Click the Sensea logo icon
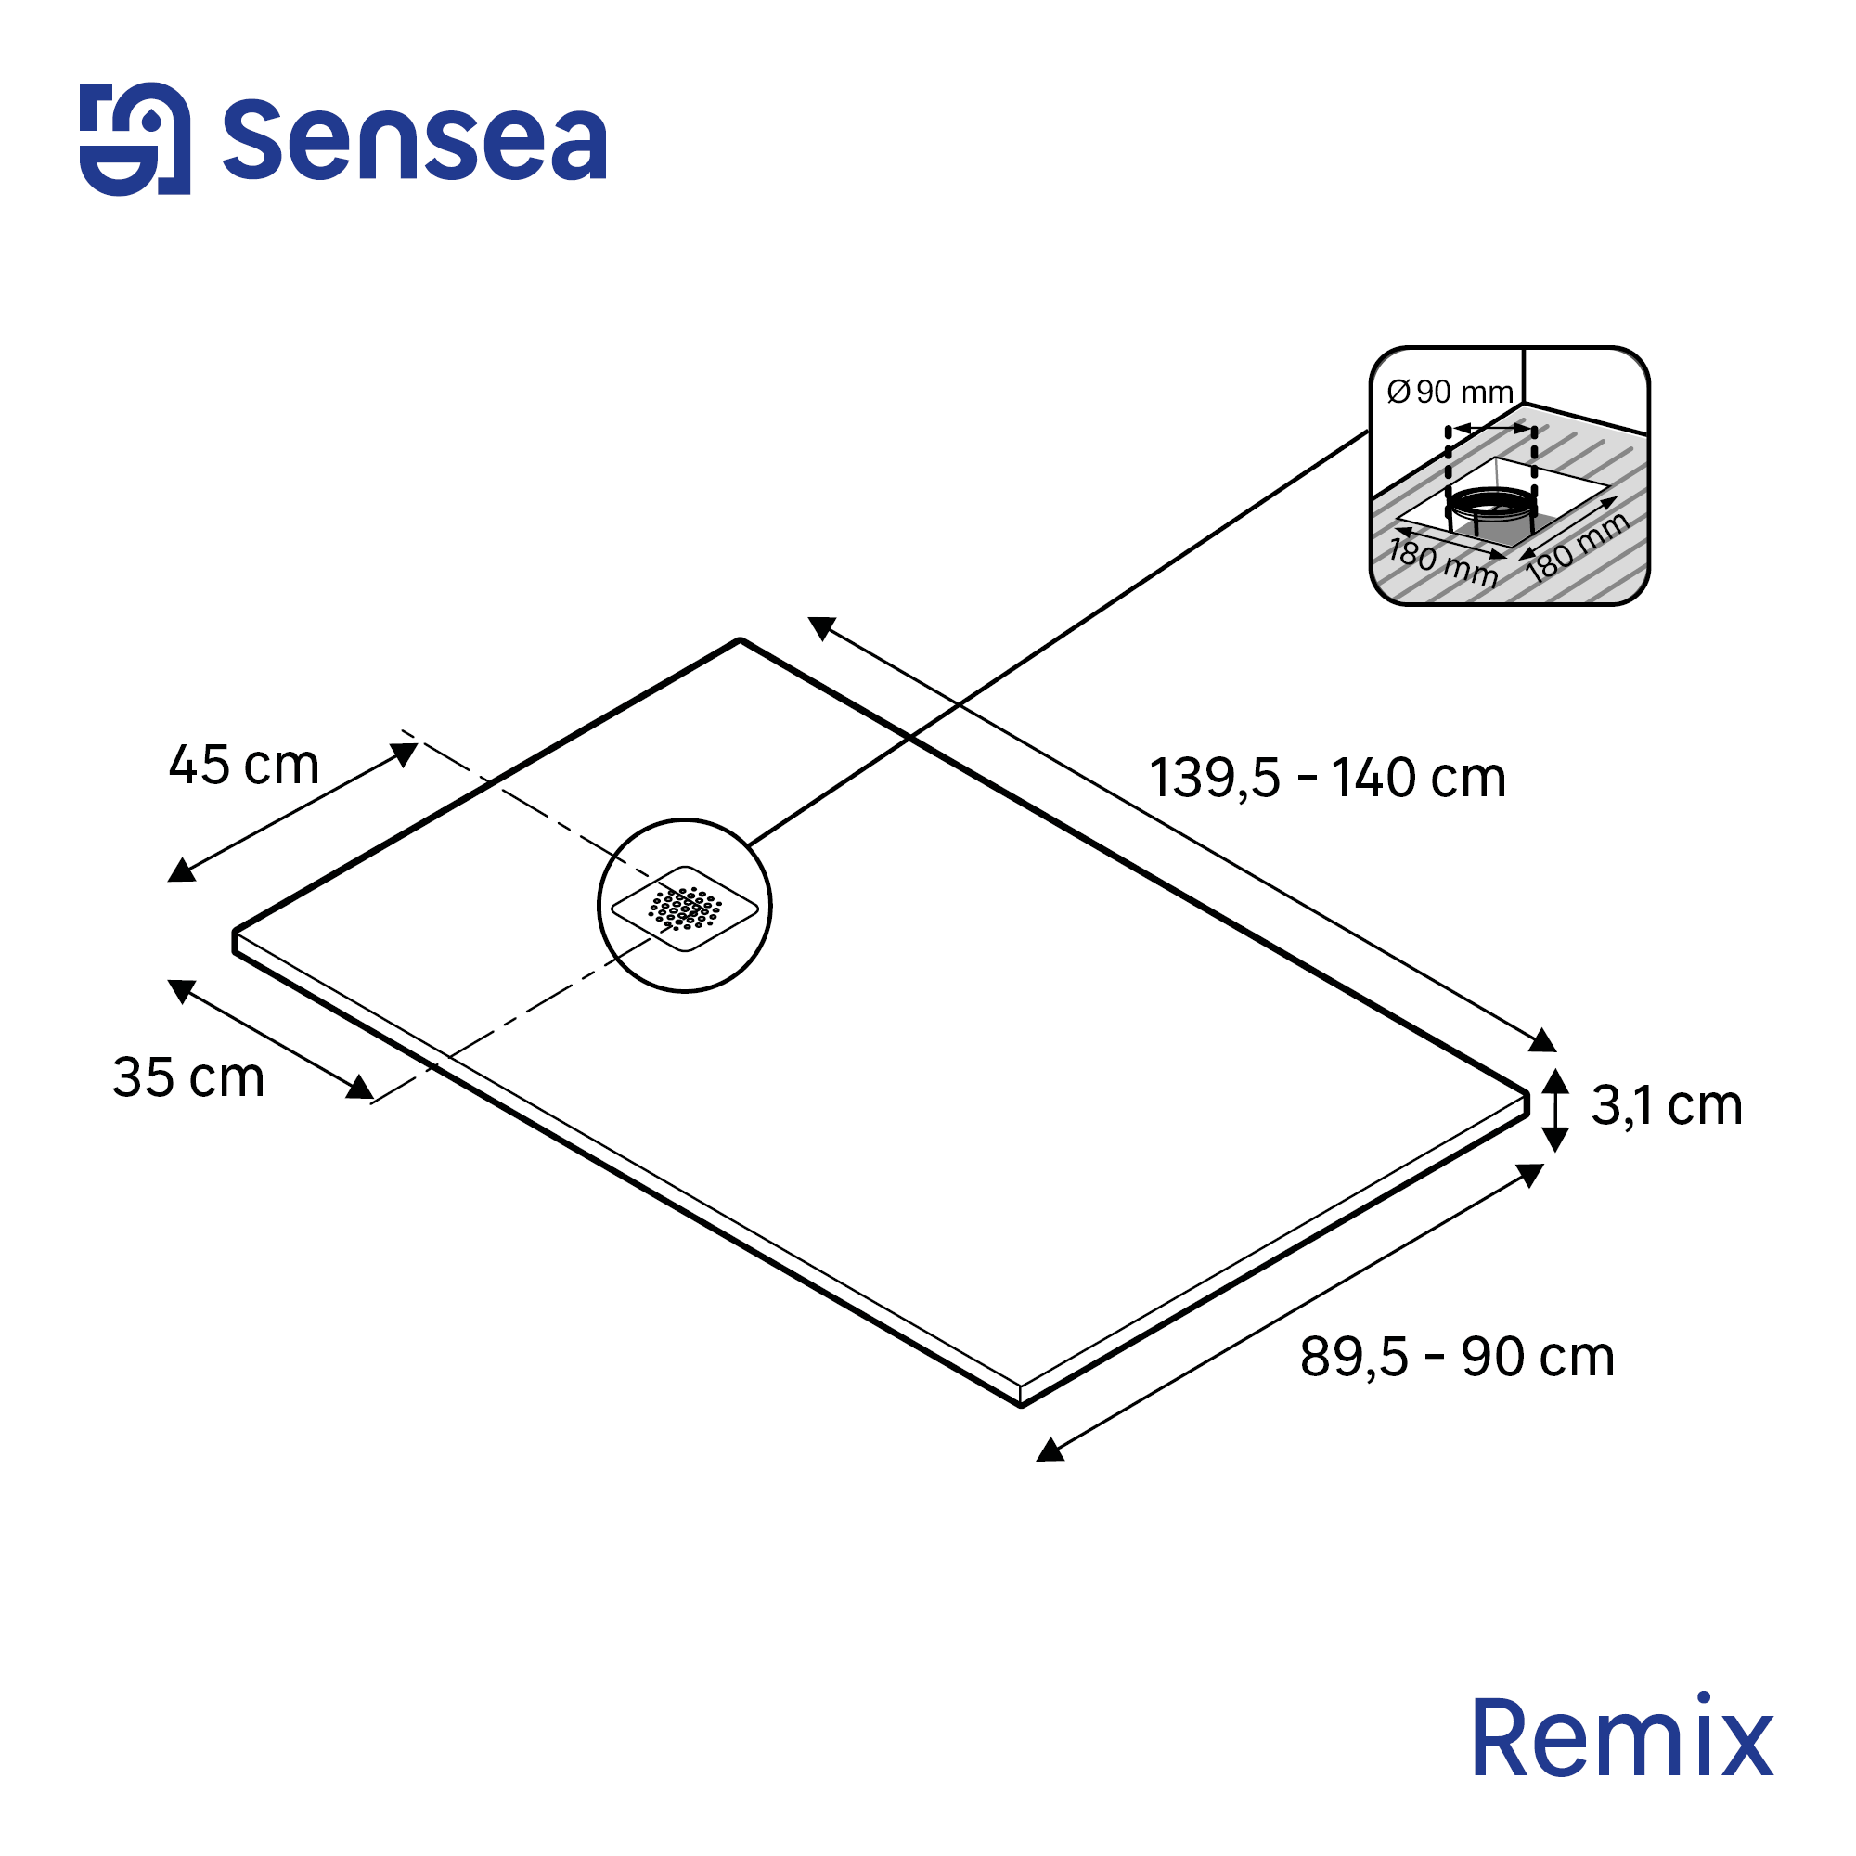click(135, 139)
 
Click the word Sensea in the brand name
click(414, 142)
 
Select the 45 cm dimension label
click(244, 766)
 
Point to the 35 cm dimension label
click(188, 1076)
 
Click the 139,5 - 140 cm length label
click(1327, 779)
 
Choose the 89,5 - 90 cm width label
click(1457, 1358)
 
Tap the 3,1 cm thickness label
click(1667, 1106)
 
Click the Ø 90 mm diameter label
click(1450, 392)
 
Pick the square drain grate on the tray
click(685, 909)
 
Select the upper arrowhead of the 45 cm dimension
click(405, 754)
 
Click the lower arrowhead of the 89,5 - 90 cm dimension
click(1050, 1451)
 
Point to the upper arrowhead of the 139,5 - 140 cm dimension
click(821, 627)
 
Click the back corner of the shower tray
click(740, 639)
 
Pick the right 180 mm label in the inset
click(1577, 547)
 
